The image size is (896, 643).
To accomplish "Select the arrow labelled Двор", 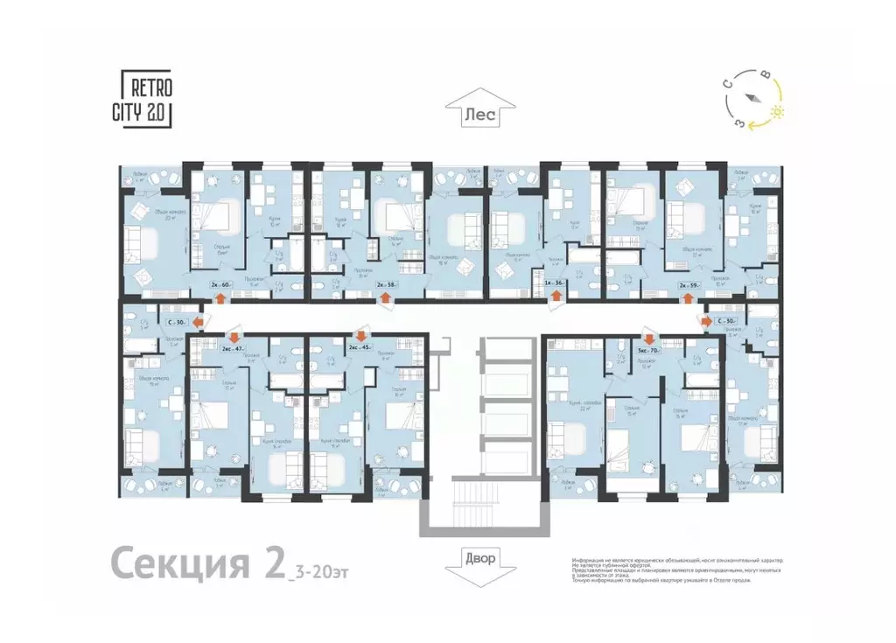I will tap(479, 558).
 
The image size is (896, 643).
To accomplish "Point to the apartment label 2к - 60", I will tap(220, 283).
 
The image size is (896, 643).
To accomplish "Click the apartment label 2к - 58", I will tap(386, 283).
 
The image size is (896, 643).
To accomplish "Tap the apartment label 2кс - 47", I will tap(232, 348).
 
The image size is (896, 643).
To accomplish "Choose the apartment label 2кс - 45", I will tap(360, 348).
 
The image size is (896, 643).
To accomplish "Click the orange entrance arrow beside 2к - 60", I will tap(220, 299).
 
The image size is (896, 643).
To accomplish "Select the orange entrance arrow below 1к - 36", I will tap(554, 298).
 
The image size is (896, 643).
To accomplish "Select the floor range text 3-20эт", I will tap(315, 573).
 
